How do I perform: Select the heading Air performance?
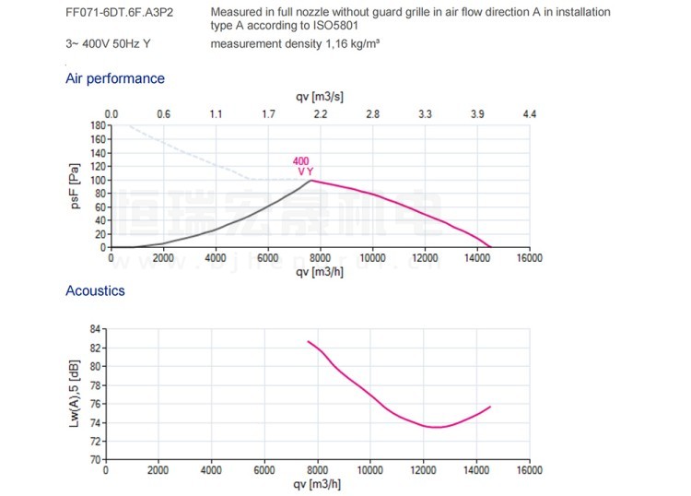pos(115,78)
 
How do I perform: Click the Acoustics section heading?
pos(95,290)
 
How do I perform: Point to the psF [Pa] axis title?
pos(76,185)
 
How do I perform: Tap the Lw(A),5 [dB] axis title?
pos(75,393)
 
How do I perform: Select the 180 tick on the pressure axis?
pos(97,124)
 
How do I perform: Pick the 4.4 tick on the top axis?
pos(529,113)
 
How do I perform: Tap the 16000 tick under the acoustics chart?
pos(529,469)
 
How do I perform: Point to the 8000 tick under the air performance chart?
pos(320,259)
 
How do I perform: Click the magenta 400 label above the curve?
pos(301,161)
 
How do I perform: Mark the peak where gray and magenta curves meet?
pos(310,181)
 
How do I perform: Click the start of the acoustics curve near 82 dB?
pos(309,341)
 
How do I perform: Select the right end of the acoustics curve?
pos(490,407)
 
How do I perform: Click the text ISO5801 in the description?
pos(333,26)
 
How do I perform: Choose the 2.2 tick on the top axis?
pos(320,113)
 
